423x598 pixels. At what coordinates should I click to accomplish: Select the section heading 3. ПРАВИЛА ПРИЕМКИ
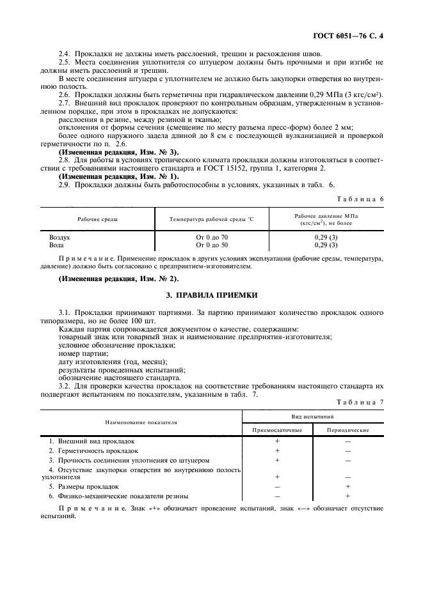tap(212, 295)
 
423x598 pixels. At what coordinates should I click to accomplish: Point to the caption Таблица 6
tap(363, 199)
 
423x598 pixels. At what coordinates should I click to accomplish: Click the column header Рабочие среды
tap(97, 219)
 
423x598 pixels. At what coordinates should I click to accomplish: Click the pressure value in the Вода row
tap(326, 245)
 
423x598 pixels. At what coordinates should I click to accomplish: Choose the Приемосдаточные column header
tap(277, 430)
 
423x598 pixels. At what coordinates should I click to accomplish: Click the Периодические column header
tap(347, 430)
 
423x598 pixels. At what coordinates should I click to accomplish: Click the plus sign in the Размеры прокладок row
tap(347, 486)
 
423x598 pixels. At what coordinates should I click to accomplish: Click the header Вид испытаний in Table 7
tap(312, 415)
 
